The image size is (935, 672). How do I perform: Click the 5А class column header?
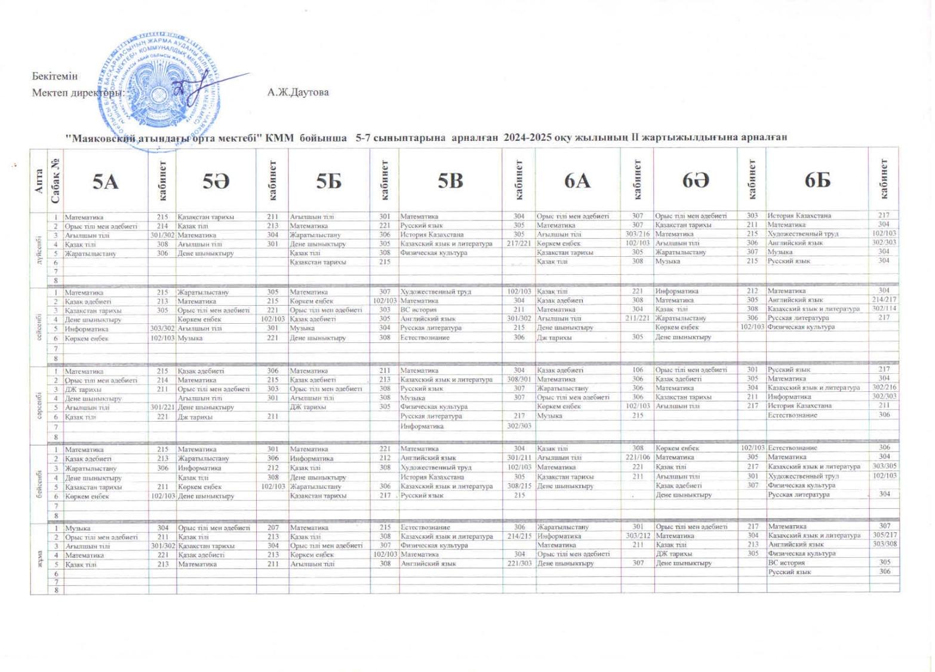(105, 181)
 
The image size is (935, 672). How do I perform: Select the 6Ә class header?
(696, 180)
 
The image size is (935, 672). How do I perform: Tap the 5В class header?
(450, 180)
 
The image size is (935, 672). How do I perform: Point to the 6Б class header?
(817, 180)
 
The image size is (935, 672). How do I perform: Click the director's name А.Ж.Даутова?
(298, 93)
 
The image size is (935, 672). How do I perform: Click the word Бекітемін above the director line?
(55, 76)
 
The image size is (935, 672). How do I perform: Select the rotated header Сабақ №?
(55, 180)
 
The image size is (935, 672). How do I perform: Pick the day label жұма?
(39, 559)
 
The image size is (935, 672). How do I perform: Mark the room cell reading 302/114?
(884, 308)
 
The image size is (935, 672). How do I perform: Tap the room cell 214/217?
(884, 299)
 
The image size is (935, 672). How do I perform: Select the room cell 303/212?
(638, 536)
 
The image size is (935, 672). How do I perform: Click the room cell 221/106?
(638, 457)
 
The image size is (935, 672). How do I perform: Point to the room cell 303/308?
(884, 544)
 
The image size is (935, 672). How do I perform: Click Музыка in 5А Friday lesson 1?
(78, 528)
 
